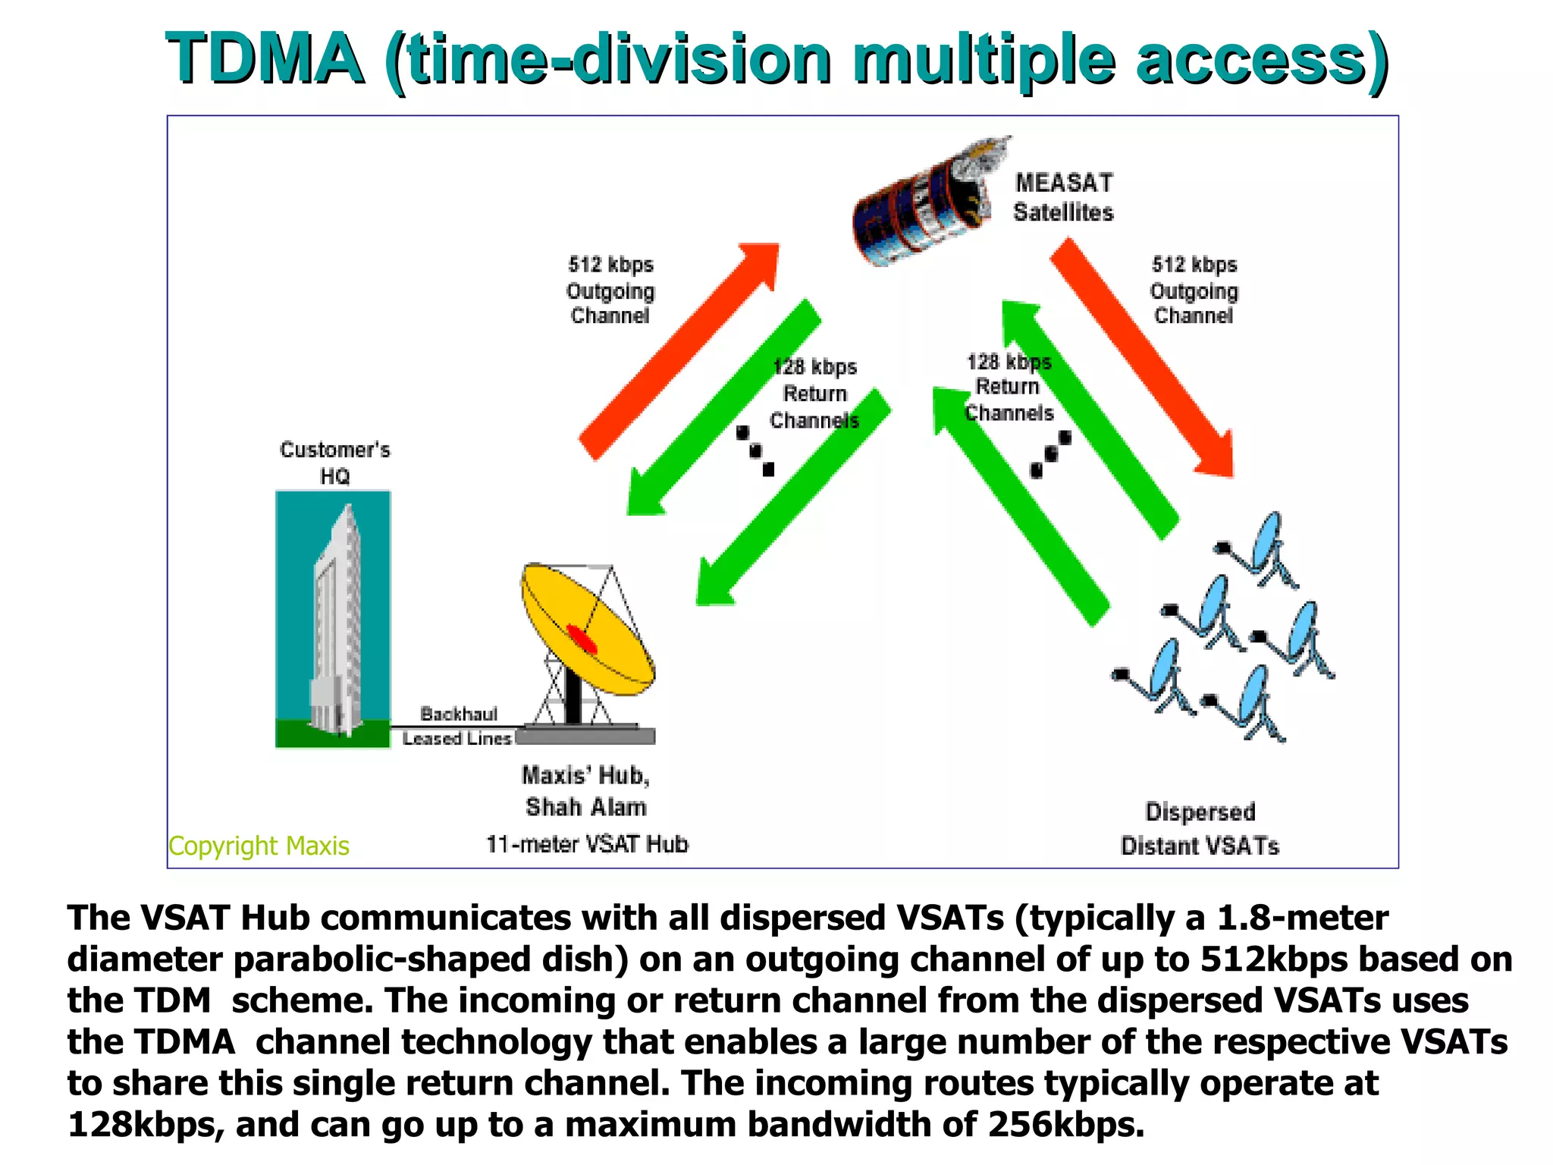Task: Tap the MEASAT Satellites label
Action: point(1063,197)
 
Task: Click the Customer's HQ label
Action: point(334,462)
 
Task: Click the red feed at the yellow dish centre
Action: point(582,639)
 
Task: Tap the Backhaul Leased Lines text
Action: point(458,726)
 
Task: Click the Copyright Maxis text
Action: point(259,845)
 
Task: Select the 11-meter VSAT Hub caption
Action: point(586,843)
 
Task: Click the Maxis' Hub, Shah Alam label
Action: point(585,790)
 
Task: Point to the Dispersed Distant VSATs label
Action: point(1200,828)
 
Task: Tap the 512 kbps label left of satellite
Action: point(610,290)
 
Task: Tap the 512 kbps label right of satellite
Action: point(1194,290)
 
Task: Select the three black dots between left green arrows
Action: point(755,451)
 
